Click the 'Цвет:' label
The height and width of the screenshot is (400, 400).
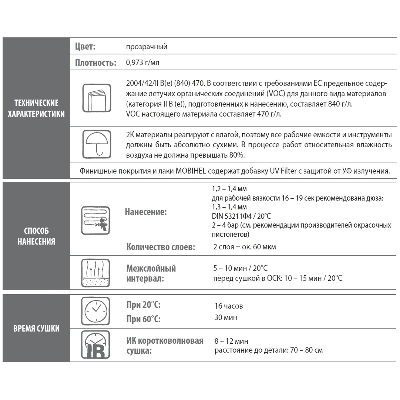(x=85, y=47)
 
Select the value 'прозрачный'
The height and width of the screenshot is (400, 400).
(x=147, y=47)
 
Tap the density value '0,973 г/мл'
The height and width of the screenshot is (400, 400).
(x=142, y=63)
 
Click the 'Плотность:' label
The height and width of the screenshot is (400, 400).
(x=95, y=63)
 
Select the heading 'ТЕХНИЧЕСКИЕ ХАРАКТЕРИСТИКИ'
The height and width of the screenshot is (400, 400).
(x=36, y=108)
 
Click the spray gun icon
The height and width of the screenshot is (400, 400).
(x=95, y=221)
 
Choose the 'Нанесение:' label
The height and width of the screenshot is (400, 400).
(x=146, y=212)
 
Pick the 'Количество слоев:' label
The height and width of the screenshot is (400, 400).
(x=161, y=247)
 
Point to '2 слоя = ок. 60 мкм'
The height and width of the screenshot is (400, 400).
(x=245, y=247)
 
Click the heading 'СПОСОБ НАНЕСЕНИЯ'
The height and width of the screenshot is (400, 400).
(x=36, y=236)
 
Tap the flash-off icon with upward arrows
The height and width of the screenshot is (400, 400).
(x=95, y=273)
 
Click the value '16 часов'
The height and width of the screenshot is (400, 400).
(x=229, y=306)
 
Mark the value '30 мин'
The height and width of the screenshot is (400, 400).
(x=226, y=318)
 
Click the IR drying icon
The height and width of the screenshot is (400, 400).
(x=95, y=345)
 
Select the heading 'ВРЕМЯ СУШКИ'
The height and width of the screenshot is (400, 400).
(x=36, y=329)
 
